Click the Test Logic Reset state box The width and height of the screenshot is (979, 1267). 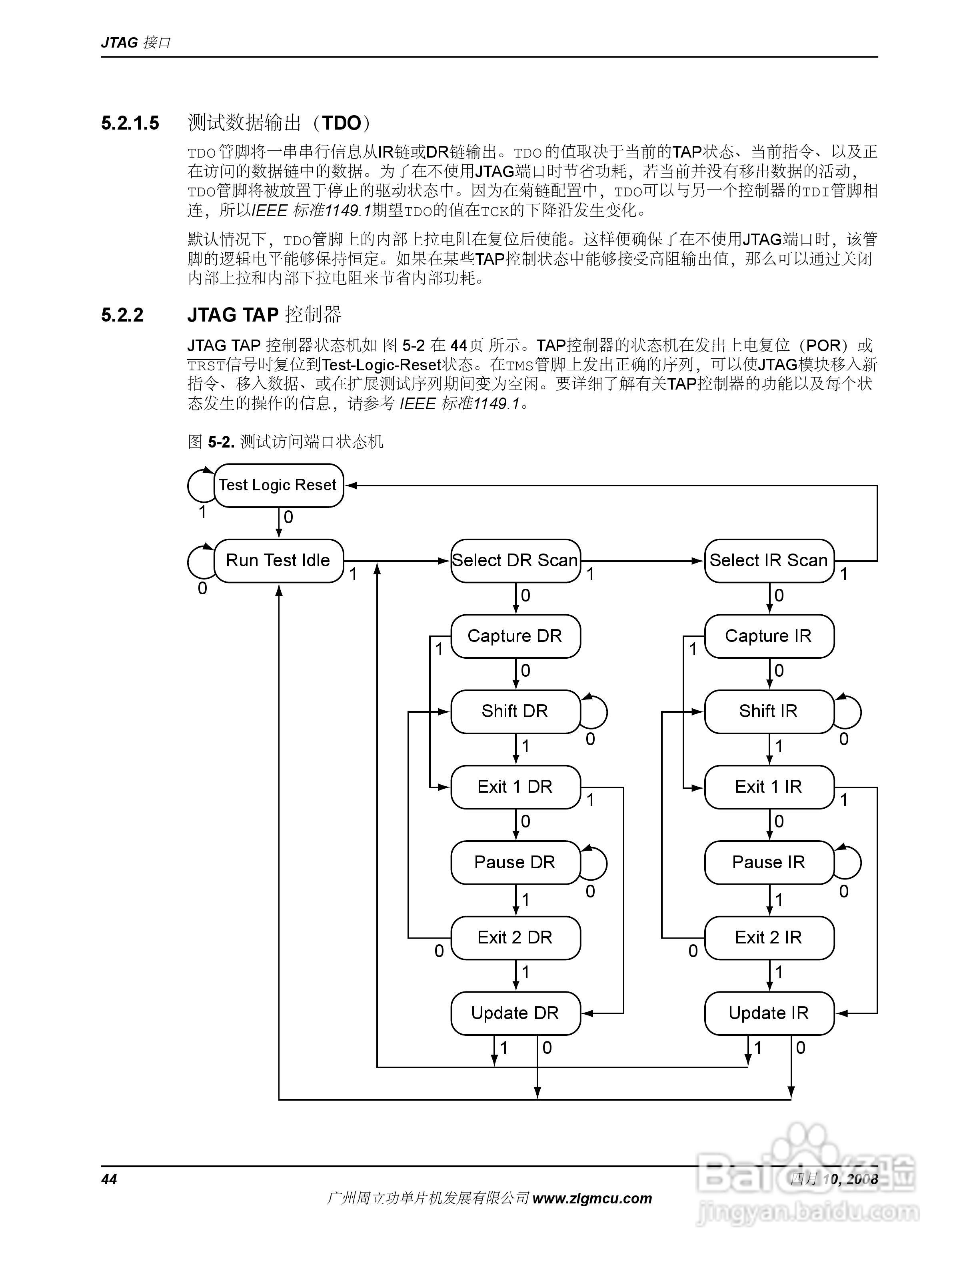(278, 485)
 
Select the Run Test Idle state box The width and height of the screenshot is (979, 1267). (278, 560)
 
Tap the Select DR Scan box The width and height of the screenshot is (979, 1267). (515, 560)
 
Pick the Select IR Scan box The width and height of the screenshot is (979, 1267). (769, 560)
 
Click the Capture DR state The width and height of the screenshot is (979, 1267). (515, 636)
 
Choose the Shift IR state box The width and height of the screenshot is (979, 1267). (769, 711)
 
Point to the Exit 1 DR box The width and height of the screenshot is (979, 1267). (515, 787)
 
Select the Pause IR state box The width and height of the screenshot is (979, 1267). (769, 862)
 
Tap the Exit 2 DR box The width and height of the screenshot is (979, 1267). (515, 937)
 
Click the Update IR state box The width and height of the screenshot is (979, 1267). (769, 1013)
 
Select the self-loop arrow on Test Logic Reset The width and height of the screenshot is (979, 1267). (197, 485)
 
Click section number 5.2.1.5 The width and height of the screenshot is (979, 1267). (130, 123)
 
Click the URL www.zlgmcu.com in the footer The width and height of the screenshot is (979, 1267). (591, 1198)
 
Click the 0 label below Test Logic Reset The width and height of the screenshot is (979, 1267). (288, 517)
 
